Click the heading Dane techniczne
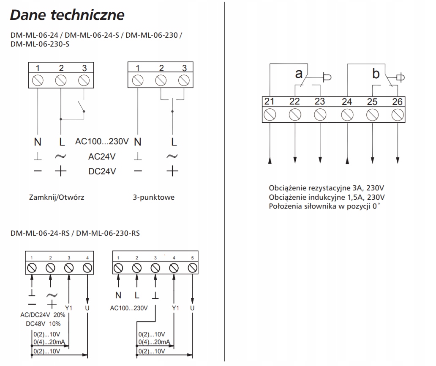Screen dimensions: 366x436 click(x=67, y=15)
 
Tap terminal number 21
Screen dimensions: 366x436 click(x=270, y=101)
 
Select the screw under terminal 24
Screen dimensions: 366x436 click(x=347, y=114)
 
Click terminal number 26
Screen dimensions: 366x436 click(x=397, y=101)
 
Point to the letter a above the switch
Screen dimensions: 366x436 click(x=299, y=74)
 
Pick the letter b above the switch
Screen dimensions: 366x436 click(x=376, y=74)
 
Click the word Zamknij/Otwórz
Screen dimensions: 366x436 click(x=57, y=197)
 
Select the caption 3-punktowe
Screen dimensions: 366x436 click(x=153, y=197)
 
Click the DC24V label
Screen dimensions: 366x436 click(x=102, y=171)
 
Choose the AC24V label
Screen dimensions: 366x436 click(x=102, y=157)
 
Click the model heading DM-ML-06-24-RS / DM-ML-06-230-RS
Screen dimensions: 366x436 click(x=75, y=233)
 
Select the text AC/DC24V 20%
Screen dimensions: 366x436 click(x=43, y=315)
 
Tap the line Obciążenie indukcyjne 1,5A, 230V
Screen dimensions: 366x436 click(x=327, y=197)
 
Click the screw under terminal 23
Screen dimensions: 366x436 click(x=320, y=114)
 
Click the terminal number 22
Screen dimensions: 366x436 click(x=294, y=101)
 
